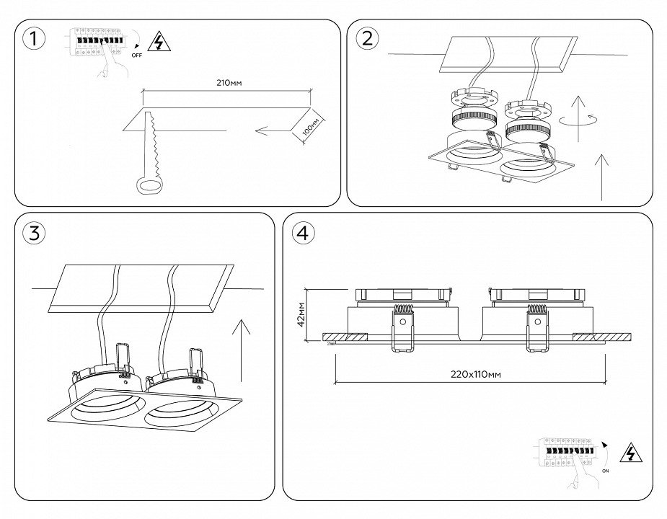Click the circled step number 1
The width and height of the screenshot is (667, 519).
[31, 39]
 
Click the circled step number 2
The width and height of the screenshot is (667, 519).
[366, 39]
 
